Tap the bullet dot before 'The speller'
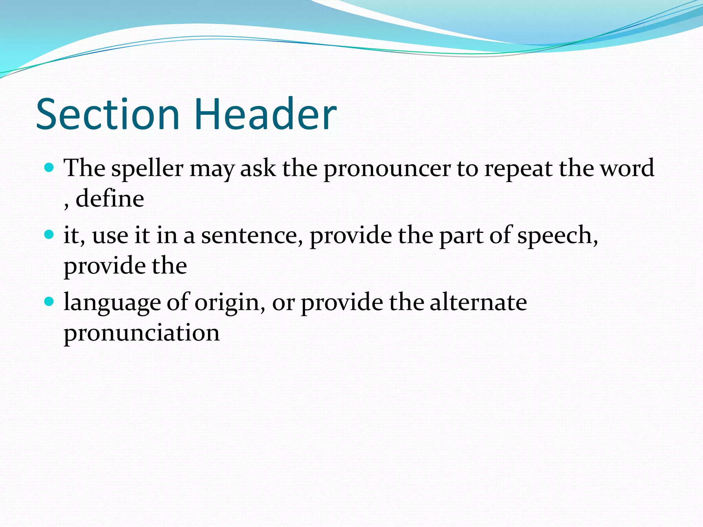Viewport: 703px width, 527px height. [x=49, y=167]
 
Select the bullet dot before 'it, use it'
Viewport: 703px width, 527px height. [x=49, y=235]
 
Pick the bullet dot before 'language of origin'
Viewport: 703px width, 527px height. [x=49, y=302]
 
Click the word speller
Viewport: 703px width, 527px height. [x=147, y=169]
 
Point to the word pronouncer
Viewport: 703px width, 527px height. [x=387, y=169]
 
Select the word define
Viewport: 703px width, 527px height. [x=110, y=199]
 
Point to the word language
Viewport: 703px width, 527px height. [x=112, y=303]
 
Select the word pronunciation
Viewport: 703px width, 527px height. [x=141, y=333]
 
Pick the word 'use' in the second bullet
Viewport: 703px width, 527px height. [x=110, y=236]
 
